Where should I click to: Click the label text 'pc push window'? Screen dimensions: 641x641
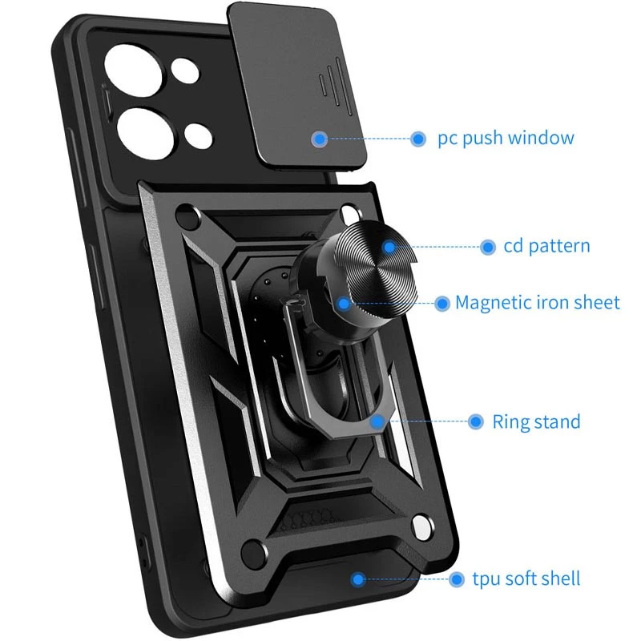point(506,138)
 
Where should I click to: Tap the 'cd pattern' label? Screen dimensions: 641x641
point(546,247)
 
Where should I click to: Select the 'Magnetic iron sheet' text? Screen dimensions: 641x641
point(538,303)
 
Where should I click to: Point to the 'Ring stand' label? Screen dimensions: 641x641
point(536,421)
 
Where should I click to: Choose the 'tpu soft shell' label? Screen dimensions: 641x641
point(526,579)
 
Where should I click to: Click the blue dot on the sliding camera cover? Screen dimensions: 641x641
point(319,139)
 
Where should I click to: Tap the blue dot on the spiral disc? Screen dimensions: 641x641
point(389,247)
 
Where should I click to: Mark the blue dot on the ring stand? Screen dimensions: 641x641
point(377,421)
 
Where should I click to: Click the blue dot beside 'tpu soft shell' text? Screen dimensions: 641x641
point(457,579)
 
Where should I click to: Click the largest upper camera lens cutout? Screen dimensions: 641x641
point(133,71)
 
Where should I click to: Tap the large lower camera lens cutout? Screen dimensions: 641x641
point(145,133)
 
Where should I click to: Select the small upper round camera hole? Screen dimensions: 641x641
point(186,71)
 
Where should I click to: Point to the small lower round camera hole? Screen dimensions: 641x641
point(198,135)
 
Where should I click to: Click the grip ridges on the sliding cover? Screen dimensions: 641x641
point(336,87)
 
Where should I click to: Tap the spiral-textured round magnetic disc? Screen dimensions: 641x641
point(372,270)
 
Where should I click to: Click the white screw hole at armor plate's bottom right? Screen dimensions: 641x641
point(423,527)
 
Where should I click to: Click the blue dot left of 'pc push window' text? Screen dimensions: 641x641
point(417,139)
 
